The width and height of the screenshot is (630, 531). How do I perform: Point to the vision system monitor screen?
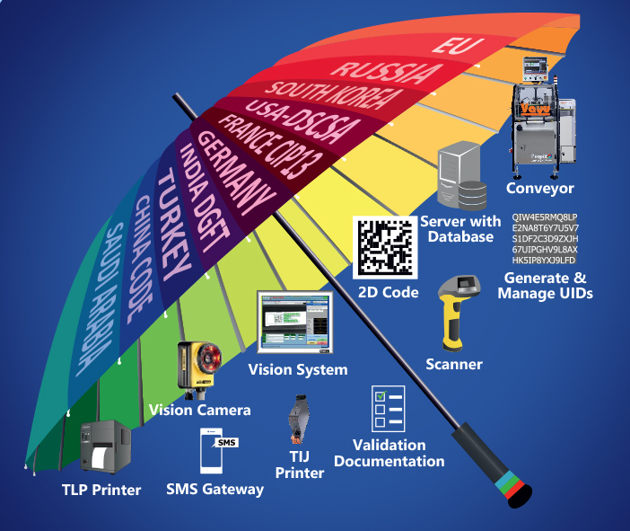[x=296, y=323]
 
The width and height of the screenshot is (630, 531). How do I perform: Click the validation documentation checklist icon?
[x=390, y=409]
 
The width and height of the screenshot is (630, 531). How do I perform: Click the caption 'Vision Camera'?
[x=199, y=410]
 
